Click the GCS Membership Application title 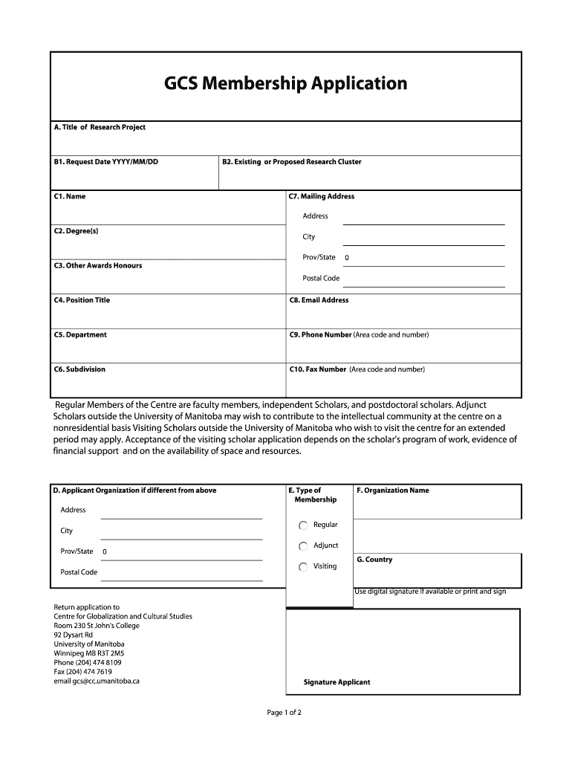click(x=285, y=83)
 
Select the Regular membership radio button click(x=303, y=525)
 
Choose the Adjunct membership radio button click(x=303, y=546)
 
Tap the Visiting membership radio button click(x=303, y=567)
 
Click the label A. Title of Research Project click(x=100, y=127)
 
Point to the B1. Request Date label click(x=105, y=162)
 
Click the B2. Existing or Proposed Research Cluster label click(x=292, y=162)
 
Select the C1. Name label click(x=70, y=196)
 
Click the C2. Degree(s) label click(x=76, y=231)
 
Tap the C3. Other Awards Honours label click(x=97, y=265)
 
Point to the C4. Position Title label click(x=82, y=300)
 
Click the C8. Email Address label click(x=319, y=300)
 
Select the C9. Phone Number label click(x=320, y=334)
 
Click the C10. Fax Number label click(x=318, y=369)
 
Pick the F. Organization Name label click(x=393, y=490)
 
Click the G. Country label click(x=374, y=560)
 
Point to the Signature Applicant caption click(x=337, y=682)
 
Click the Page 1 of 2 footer click(x=284, y=713)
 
